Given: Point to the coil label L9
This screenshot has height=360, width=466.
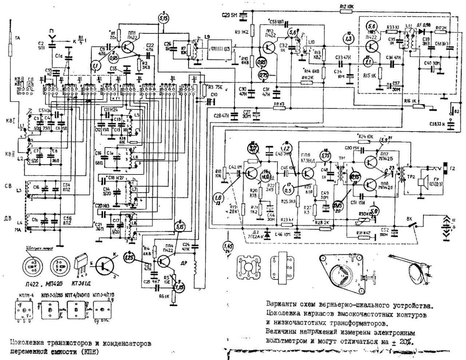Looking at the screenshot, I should tap(207, 37).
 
